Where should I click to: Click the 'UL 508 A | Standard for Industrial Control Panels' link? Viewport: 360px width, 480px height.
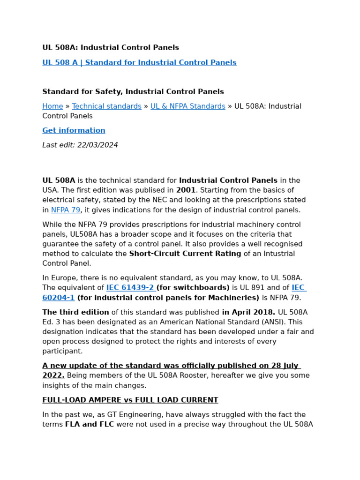139,63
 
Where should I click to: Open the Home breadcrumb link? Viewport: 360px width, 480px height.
52,106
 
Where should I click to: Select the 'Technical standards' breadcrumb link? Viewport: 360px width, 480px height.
106,106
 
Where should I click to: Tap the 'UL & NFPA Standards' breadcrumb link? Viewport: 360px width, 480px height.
187,106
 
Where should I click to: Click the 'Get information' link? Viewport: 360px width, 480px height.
74,131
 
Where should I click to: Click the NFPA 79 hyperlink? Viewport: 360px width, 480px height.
66,210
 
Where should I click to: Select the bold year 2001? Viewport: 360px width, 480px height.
186,190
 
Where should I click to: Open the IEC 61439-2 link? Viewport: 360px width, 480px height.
130,288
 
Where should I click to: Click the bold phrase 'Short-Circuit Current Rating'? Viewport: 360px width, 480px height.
185,254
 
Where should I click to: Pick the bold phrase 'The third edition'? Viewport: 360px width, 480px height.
75,313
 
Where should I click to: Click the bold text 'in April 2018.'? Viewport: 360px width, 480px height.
248,313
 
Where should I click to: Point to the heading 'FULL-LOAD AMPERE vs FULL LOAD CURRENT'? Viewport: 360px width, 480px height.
130,400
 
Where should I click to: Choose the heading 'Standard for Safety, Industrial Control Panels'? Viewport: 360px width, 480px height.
133,92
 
